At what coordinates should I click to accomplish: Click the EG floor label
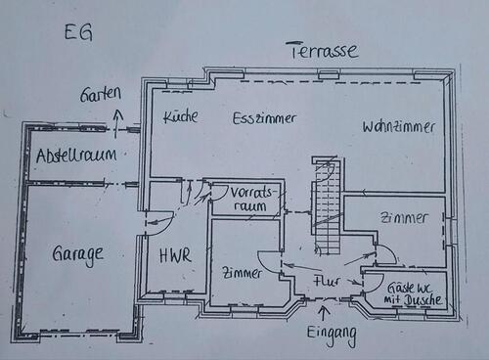(x=79, y=33)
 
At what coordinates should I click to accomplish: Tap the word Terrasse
(x=321, y=50)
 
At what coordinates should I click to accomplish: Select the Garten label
(x=102, y=94)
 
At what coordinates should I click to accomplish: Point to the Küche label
(x=180, y=116)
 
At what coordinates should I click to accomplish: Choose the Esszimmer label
(x=264, y=117)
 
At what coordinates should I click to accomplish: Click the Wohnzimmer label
(x=398, y=127)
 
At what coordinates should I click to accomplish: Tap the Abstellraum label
(x=75, y=156)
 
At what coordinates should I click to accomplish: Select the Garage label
(x=77, y=255)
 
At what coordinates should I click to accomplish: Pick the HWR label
(x=175, y=256)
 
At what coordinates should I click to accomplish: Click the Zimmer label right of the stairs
(x=403, y=217)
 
